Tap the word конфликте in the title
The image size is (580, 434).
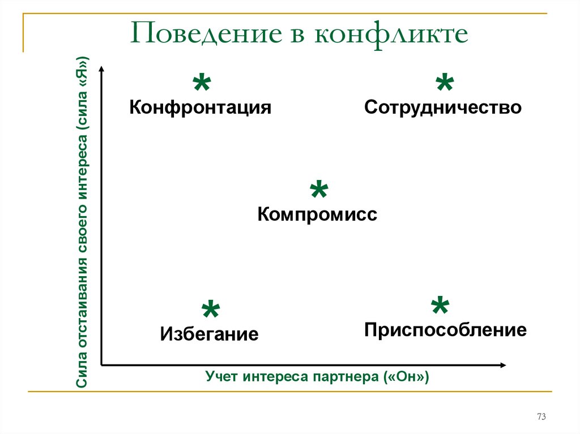tap(391, 33)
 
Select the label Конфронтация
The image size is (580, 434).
tap(200, 108)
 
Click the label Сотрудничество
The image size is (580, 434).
tap(443, 108)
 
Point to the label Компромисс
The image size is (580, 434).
tap(317, 214)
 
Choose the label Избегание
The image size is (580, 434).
tap(210, 334)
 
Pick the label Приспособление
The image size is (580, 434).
tap(445, 329)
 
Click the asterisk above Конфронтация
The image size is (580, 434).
tap(202, 83)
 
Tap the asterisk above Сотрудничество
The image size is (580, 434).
tap(445, 82)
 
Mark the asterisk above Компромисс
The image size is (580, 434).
tap(319, 190)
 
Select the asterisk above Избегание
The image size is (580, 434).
tap(211, 309)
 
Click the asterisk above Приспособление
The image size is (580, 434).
tap(440, 306)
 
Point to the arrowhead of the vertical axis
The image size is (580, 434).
tap(102, 68)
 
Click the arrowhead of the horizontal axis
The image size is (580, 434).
tap(504, 365)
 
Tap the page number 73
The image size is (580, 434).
tap(541, 416)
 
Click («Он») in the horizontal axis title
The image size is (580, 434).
tap(407, 377)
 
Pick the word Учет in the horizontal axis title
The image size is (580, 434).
tap(220, 376)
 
